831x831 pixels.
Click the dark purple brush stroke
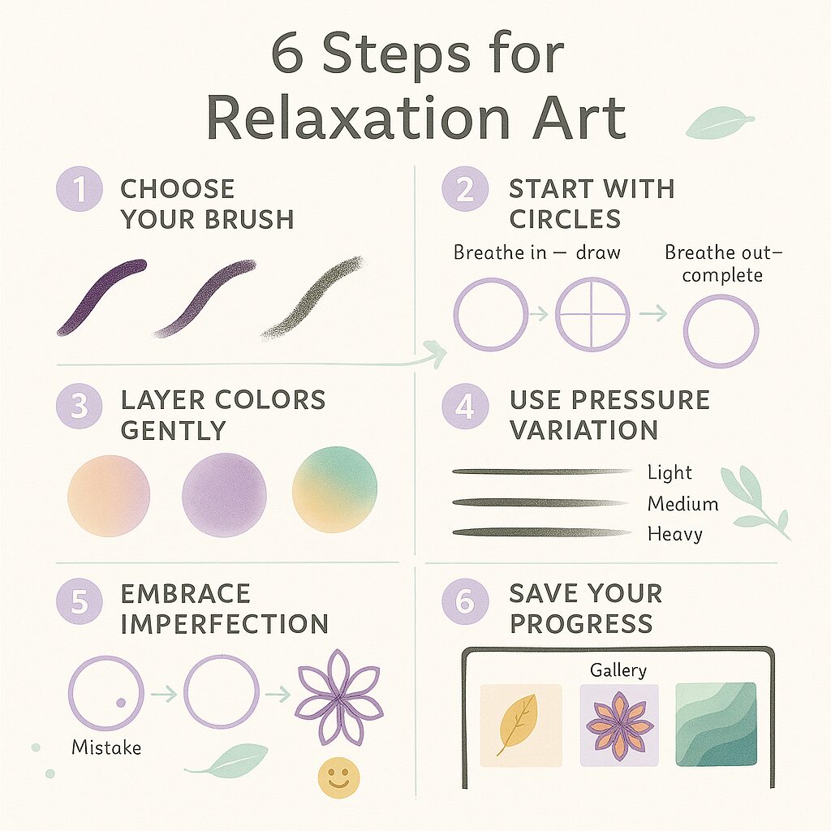point(101,296)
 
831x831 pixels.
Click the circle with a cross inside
point(592,314)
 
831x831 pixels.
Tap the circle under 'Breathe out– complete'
point(721,331)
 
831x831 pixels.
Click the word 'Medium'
point(682,504)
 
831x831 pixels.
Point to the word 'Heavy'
point(674,534)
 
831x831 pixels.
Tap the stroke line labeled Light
point(541,471)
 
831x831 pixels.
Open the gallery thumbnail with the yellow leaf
point(521,725)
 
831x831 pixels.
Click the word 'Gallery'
point(618,670)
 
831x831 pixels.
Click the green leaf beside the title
point(718,124)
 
